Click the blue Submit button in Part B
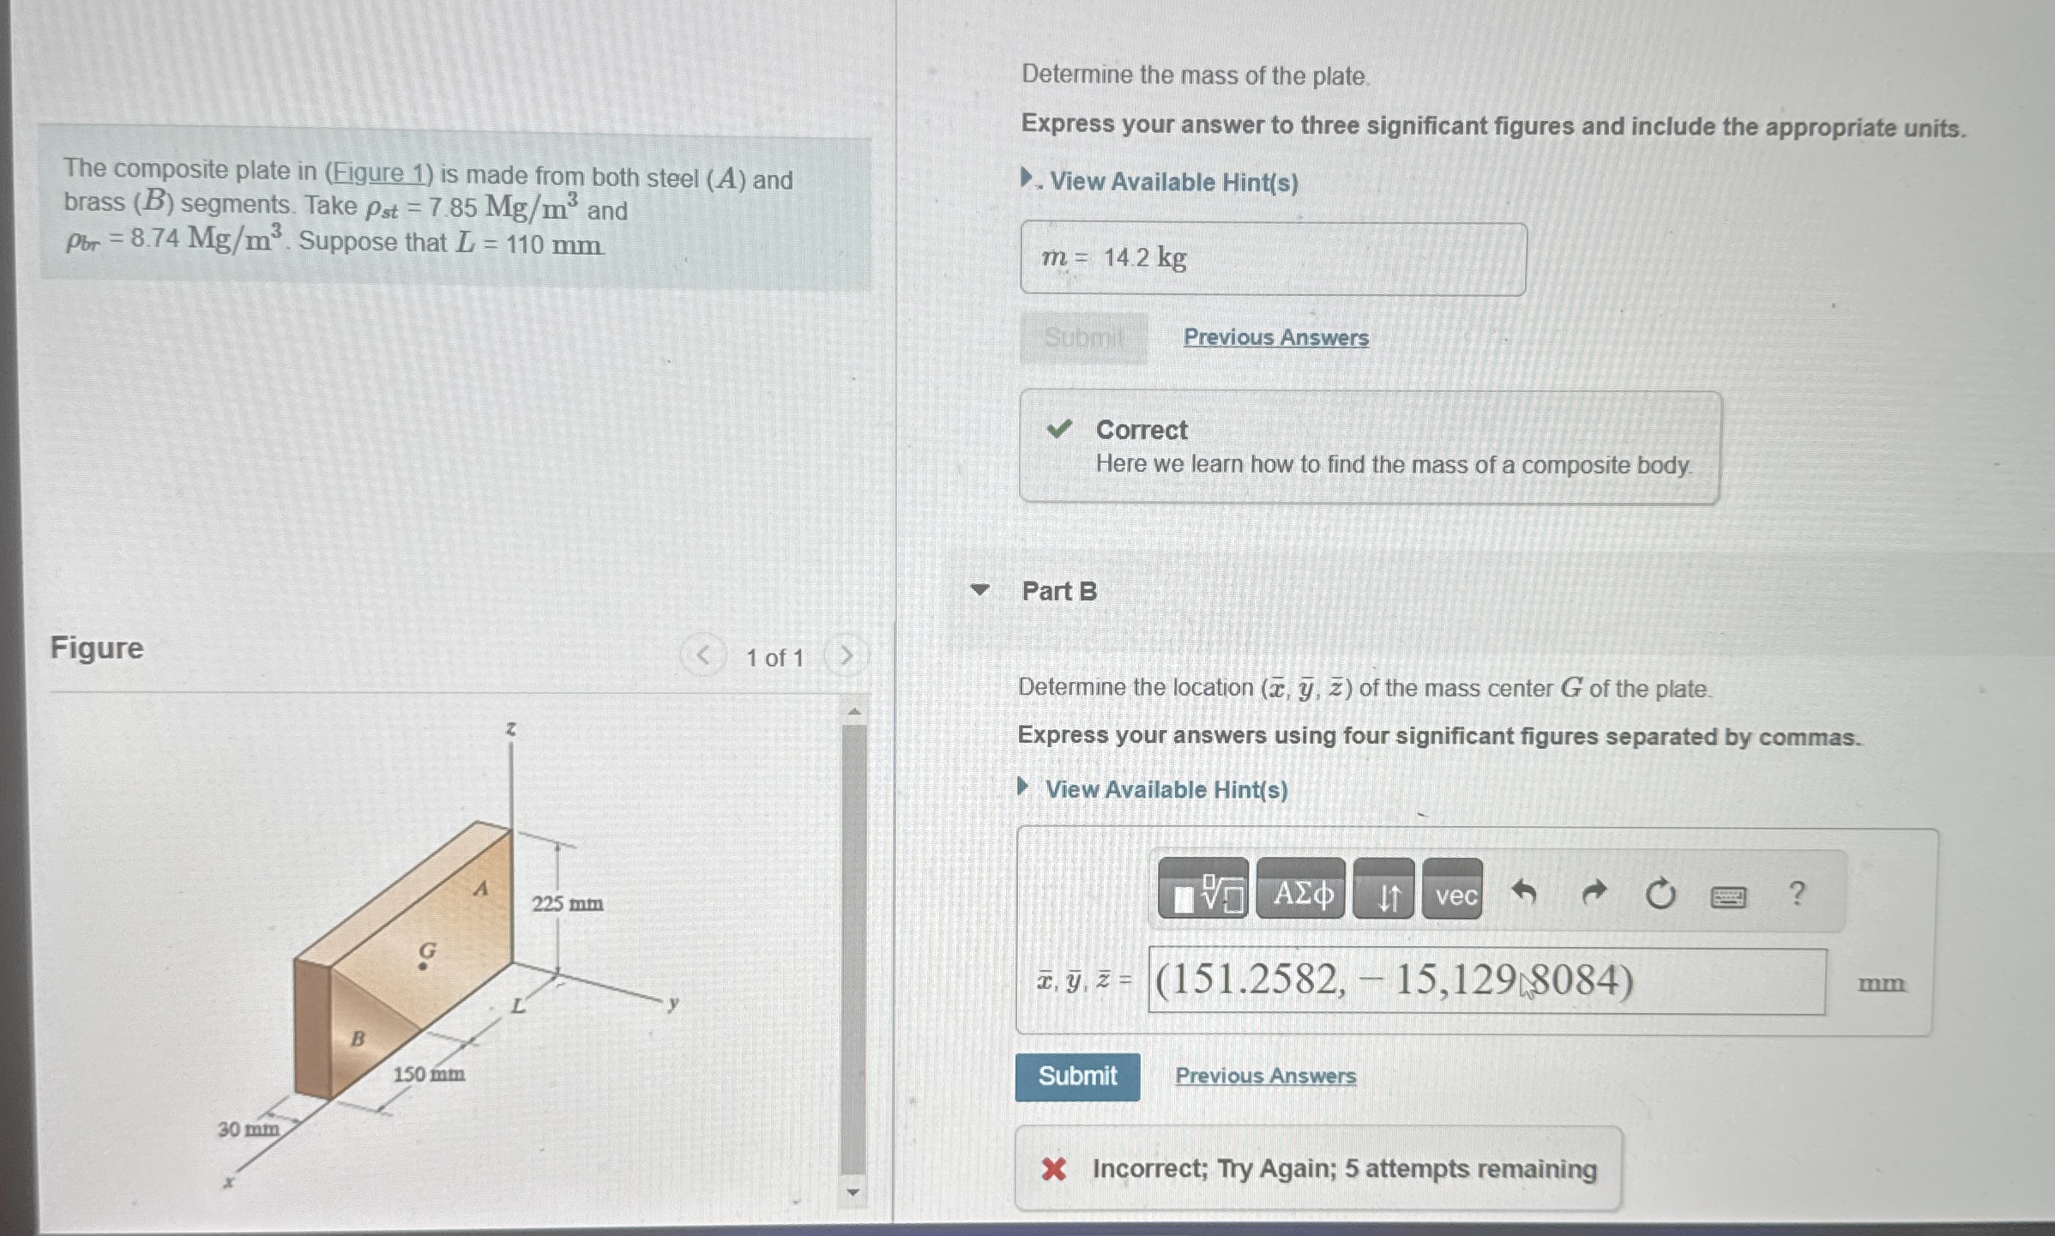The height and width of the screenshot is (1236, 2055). point(1077,1076)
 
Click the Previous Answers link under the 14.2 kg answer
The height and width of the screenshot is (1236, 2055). point(1275,338)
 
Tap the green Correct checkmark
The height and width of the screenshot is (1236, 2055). point(1059,429)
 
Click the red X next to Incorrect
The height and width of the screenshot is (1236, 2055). point(1053,1168)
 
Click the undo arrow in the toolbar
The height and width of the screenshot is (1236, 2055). point(1523,893)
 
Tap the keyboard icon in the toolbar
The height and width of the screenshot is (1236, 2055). point(1727,896)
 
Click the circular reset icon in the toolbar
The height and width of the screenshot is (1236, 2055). point(1660,894)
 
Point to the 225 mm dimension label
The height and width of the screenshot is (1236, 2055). point(567,903)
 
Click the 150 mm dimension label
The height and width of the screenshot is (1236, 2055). point(429,1074)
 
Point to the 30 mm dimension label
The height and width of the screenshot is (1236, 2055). point(248,1129)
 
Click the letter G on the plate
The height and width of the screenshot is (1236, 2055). point(427,950)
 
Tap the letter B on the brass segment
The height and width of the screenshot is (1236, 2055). point(358,1039)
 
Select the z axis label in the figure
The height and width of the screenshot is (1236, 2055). point(511,729)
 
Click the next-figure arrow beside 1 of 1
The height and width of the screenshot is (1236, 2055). point(846,656)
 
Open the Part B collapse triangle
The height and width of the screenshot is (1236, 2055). point(979,590)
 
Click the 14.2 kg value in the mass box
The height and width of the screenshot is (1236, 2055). point(1145,257)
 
